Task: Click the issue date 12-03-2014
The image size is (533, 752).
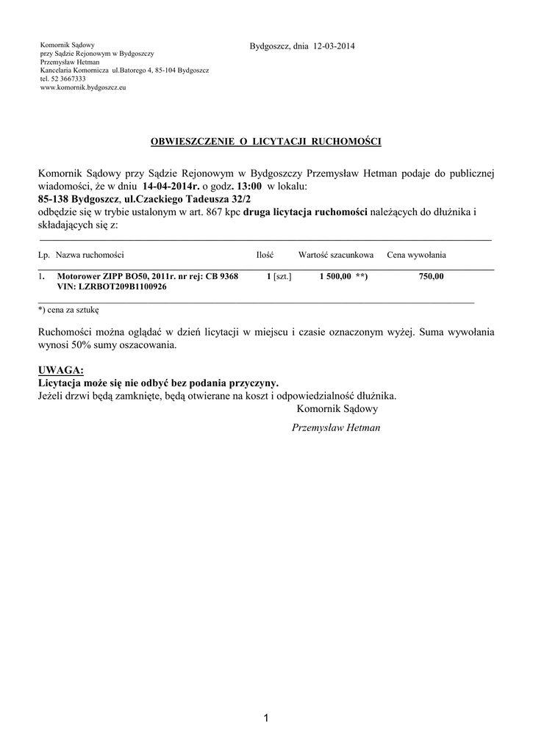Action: (334, 47)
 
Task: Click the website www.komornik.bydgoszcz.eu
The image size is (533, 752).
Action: (83, 87)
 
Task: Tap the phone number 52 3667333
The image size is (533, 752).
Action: (68, 79)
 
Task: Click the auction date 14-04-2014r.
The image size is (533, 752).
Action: (171, 187)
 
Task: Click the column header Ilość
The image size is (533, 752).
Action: (265, 255)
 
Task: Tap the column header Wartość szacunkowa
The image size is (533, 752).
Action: (336, 255)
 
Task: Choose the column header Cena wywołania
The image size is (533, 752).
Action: (416, 255)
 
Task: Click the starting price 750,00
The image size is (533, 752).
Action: (432, 276)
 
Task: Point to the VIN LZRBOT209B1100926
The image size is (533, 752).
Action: (121, 287)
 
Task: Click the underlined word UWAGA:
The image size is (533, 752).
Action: (61, 369)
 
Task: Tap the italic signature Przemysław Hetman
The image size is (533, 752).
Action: (336, 427)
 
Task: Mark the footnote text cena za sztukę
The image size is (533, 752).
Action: (73, 311)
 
